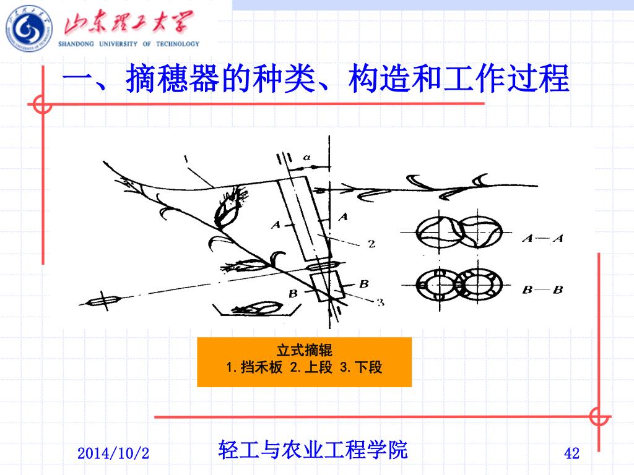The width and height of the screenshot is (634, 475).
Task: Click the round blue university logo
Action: (29, 29)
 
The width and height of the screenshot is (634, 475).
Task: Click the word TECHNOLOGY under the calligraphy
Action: (178, 44)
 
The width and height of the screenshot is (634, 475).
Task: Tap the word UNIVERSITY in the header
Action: (118, 44)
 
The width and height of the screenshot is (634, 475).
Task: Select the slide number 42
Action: (571, 453)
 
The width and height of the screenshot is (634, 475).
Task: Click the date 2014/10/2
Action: (113, 453)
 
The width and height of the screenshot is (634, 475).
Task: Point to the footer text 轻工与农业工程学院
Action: (313, 450)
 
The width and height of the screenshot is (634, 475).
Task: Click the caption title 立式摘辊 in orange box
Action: (305, 350)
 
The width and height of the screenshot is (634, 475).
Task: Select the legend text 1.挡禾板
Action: (254, 367)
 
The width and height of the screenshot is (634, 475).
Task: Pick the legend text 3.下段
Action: (361, 367)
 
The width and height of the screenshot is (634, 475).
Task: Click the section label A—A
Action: (542, 238)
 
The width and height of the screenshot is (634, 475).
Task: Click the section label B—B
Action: (542, 289)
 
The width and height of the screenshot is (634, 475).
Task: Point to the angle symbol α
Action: (307, 157)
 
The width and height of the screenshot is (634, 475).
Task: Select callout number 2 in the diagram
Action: (371, 244)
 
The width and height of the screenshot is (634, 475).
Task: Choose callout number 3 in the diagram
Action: (381, 302)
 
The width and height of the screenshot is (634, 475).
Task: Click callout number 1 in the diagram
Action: (186, 159)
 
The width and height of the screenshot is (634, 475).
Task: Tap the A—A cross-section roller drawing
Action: (459, 233)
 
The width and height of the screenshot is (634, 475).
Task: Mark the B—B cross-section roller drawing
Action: (459, 285)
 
